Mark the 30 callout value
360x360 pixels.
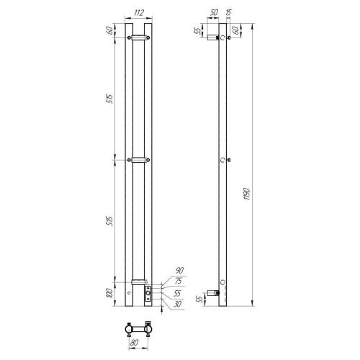(x=177, y=303)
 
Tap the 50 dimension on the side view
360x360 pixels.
(x=215, y=12)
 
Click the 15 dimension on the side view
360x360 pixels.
(x=228, y=12)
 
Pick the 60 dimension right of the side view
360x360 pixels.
(x=235, y=31)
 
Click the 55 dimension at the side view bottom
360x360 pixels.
(x=200, y=297)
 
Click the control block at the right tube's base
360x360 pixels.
(x=148, y=292)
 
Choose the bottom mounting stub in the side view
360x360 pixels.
(x=214, y=292)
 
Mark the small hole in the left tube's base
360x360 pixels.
(x=129, y=293)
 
